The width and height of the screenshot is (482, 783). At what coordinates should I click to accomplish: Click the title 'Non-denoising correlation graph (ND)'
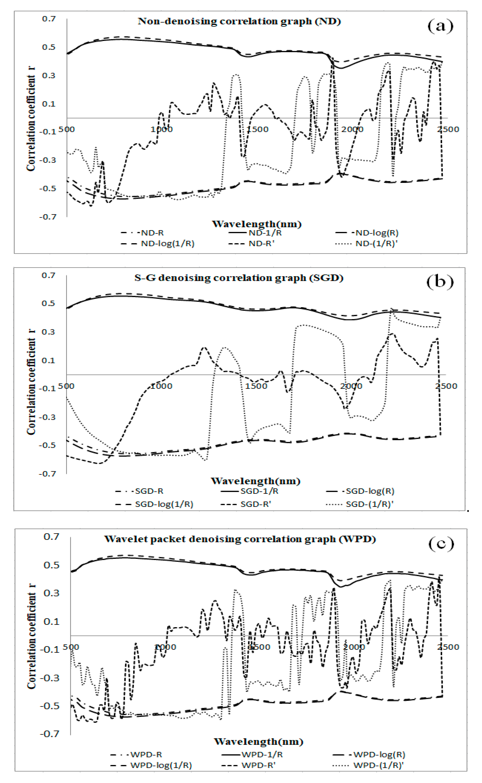click(239, 21)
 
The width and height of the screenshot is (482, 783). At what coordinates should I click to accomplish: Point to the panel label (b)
click(440, 282)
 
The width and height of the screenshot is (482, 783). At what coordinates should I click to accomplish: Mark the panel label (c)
click(441, 544)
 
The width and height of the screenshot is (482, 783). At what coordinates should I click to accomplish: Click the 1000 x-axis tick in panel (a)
click(162, 129)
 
